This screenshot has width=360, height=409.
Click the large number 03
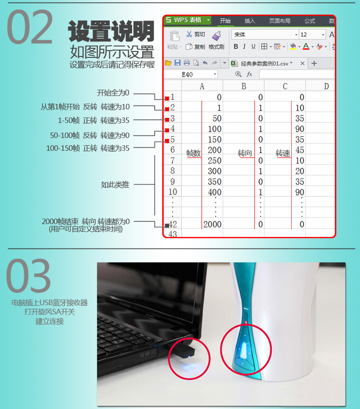point(28,276)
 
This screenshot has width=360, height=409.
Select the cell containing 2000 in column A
point(212,224)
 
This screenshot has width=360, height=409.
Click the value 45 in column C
point(300,150)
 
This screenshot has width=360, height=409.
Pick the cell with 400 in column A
point(215,192)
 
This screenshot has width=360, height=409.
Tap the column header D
point(326,86)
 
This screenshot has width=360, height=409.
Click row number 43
point(173,234)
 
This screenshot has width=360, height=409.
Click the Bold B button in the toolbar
point(236,46)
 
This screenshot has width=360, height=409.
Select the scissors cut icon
point(189,34)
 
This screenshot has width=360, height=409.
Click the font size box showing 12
point(312,35)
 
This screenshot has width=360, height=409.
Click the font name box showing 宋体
point(265,35)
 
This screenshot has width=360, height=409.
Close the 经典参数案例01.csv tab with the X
point(302,63)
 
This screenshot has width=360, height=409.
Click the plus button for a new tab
point(314,63)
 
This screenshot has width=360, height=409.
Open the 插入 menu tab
point(250,21)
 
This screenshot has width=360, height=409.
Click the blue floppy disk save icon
point(178,62)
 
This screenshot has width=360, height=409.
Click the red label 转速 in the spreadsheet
point(283,153)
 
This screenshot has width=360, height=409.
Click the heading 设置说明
point(111,31)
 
